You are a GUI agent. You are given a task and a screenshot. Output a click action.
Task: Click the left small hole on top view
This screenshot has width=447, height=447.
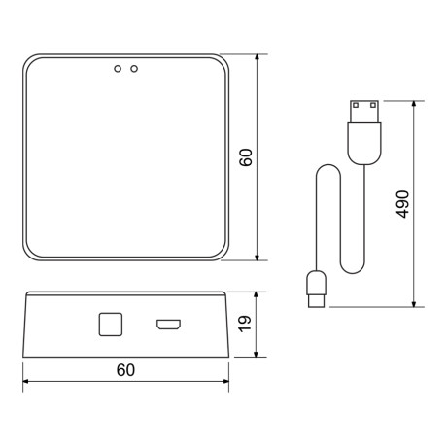tap(119, 69)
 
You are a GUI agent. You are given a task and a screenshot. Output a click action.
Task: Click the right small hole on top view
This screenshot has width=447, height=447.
tap(134, 69)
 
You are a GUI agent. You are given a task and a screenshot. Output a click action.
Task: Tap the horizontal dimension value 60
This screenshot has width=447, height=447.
tap(124, 370)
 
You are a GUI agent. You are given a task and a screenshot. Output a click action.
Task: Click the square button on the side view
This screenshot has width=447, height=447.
tap(109, 323)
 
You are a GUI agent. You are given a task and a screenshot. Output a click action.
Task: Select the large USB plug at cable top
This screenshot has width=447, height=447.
tap(364, 125)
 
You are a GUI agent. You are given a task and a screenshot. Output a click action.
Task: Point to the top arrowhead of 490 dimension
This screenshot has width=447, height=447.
tap(416, 102)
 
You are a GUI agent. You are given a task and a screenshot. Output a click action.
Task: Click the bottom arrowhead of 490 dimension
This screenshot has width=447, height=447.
tap(416, 302)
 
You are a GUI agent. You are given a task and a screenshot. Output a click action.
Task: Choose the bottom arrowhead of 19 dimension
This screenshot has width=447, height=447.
tap(258, 354)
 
